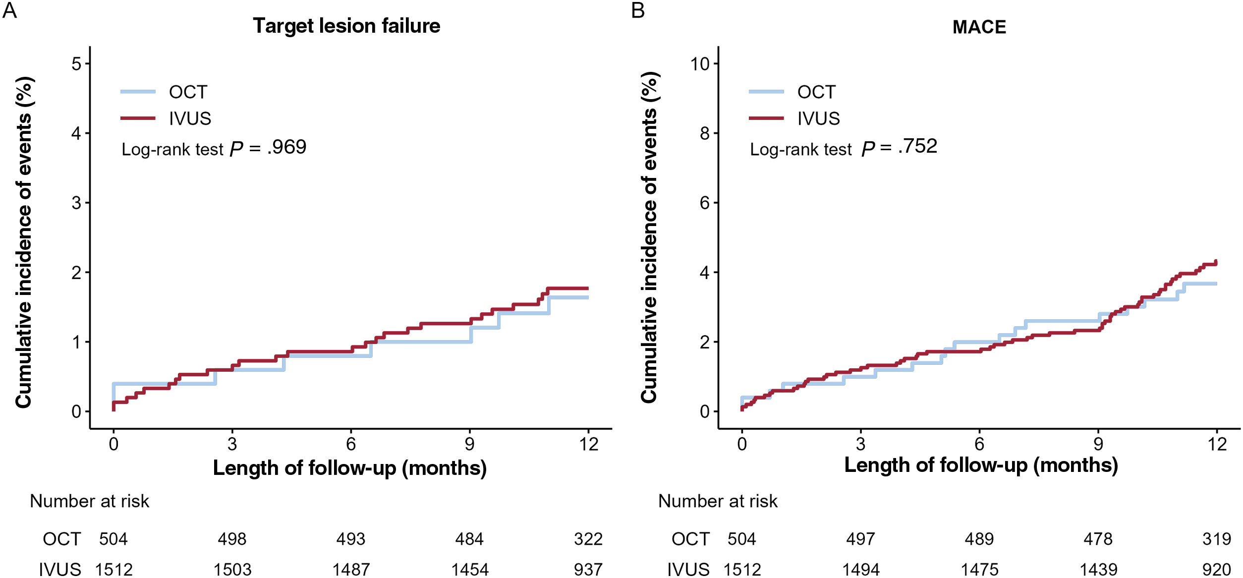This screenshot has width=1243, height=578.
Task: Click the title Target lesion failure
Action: click(346, 26)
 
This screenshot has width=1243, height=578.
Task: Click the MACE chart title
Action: click(979, 27)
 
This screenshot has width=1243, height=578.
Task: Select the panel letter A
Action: click(9, 10)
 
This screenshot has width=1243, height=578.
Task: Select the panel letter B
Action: click(638, 10)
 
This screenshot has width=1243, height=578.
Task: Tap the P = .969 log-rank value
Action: click(268, 148)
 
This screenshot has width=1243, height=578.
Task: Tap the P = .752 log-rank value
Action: click(899, 147)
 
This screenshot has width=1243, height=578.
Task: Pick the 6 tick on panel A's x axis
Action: click(351, 444)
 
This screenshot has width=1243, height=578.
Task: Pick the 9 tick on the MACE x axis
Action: click(1098, 444)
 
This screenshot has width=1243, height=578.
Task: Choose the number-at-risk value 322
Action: click(588, 539)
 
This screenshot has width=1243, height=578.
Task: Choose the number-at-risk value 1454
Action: click(469, 569)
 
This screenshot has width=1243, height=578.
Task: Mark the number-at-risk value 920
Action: click(1216, 569)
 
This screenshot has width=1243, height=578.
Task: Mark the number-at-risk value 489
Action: click(979, 539)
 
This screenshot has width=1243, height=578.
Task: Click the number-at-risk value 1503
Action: click(232, 569)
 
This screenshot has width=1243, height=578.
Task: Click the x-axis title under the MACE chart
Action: click(981, 465)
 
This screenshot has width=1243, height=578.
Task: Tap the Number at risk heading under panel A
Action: click(89, 501)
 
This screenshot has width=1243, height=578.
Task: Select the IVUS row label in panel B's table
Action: click(688, 569)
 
